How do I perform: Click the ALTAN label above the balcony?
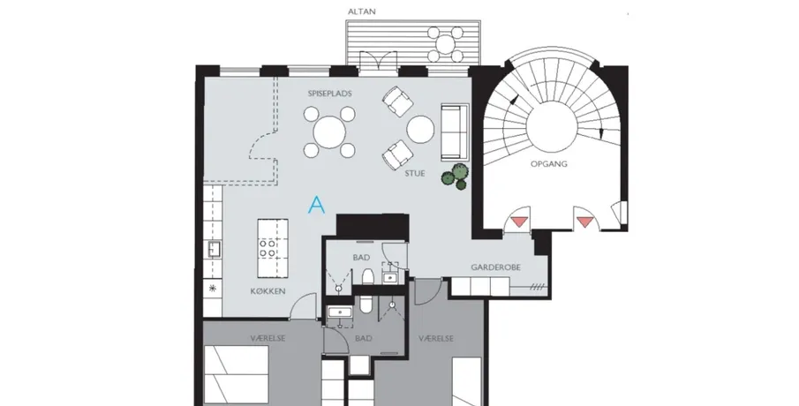(361, 11)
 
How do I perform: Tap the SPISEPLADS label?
(329, 94)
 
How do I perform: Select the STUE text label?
(415, 173)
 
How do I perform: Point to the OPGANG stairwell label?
(549, 164)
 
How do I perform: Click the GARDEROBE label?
(496, 267)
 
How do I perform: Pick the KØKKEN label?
(268, 291)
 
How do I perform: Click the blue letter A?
(317, 205)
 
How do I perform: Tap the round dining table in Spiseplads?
(329, 132)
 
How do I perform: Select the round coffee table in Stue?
(420, 130)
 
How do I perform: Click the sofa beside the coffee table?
(454, 132)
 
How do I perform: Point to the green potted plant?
(455, 177)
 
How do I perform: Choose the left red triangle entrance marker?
(519, 222)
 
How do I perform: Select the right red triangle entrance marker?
(585, 222)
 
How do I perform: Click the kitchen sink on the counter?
(213, 250)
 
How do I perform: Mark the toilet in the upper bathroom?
(367, 275)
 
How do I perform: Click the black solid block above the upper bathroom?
(373, 226)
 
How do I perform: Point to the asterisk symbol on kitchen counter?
(213, 289)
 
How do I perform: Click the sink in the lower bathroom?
(338, 312)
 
